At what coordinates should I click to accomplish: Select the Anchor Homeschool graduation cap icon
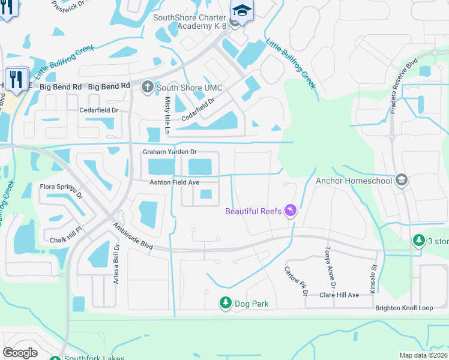[x=402, y=180]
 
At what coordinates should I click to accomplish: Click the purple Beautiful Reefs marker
[x=291, y=211]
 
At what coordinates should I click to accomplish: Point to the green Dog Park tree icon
[x=226, y=304]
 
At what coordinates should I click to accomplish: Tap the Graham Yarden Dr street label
[x=170, y=152]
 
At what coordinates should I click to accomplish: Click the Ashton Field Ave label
[x=174, y=182]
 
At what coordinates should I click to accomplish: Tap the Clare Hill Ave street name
[x=339, y=295]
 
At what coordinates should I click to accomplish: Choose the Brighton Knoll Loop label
[x=404, y=308]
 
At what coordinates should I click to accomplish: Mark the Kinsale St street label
[x=373, y=269]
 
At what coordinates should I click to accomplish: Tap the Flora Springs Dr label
[x=61, y=190]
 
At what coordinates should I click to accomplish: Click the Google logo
[x=20, y=352]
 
